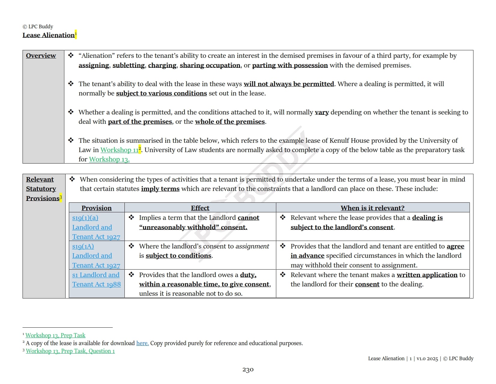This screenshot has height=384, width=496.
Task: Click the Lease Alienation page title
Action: pos(48,35)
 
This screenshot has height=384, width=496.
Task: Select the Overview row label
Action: pos(41,56)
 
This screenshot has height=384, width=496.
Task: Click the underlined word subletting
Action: pos(128,65)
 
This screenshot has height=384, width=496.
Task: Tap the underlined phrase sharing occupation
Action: pos(210,65)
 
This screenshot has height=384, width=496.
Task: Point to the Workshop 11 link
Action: pos(119,150)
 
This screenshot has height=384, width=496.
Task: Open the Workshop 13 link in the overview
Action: pos(109,159)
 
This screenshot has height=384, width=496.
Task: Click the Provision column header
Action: pos(96,208)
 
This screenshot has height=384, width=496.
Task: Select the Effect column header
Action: pos(200,208)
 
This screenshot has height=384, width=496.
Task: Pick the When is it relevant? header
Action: pos(372,208)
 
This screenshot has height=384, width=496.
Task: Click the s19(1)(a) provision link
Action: pos(85,218)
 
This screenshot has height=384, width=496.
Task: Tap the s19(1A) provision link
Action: pos(83,246)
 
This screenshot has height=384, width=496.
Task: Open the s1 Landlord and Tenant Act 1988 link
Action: pos(96,279)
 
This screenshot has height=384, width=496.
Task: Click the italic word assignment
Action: pos(252,246)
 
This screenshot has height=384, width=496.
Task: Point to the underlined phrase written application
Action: pos(427,275)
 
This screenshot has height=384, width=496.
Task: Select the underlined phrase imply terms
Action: pos(160,189)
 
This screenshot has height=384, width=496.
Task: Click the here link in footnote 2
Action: pos(142,343)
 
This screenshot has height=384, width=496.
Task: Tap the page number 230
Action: pos(248,370)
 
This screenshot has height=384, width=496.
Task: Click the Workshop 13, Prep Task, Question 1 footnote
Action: pos(70,351)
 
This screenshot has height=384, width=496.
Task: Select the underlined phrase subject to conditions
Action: pos(179,256)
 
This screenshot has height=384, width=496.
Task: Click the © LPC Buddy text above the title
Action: pos(38,27)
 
